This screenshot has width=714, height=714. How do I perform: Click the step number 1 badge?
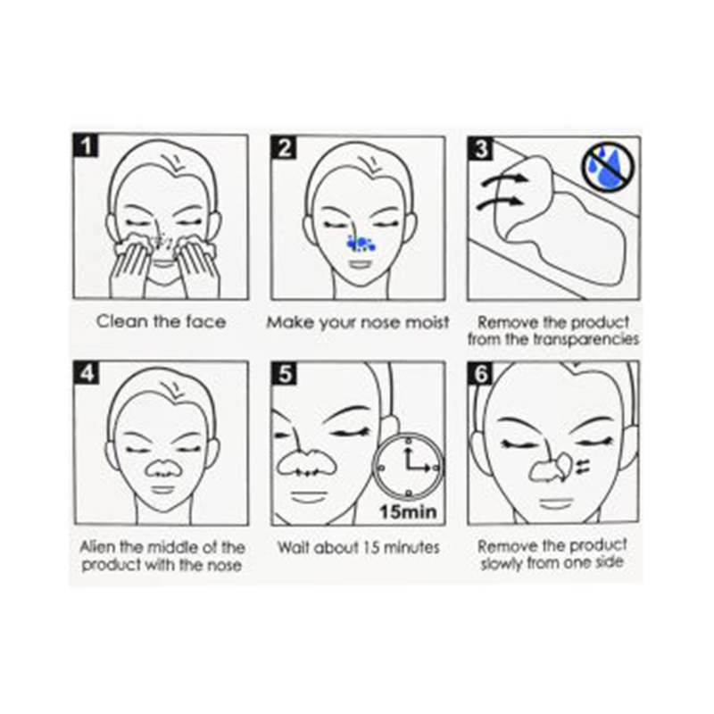point(85,145)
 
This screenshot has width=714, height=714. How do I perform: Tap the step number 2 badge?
point(283,147)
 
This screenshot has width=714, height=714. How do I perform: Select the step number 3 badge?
point(480,147)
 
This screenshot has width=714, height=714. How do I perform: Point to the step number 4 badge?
point(87,372)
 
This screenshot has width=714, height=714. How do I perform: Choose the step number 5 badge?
point(283,373)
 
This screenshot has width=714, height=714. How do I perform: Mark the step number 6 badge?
point(480,373)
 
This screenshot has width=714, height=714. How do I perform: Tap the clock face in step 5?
point(409,467)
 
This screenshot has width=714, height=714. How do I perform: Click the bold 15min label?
point(409,511)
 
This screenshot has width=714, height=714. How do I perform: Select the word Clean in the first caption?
point(122,321)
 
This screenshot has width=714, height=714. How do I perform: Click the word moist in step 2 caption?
point(428,322)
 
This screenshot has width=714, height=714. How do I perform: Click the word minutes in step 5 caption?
point(413,547)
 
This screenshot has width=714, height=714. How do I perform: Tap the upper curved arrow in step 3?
point(504,179)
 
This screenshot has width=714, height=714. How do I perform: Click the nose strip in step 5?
point(307,463)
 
